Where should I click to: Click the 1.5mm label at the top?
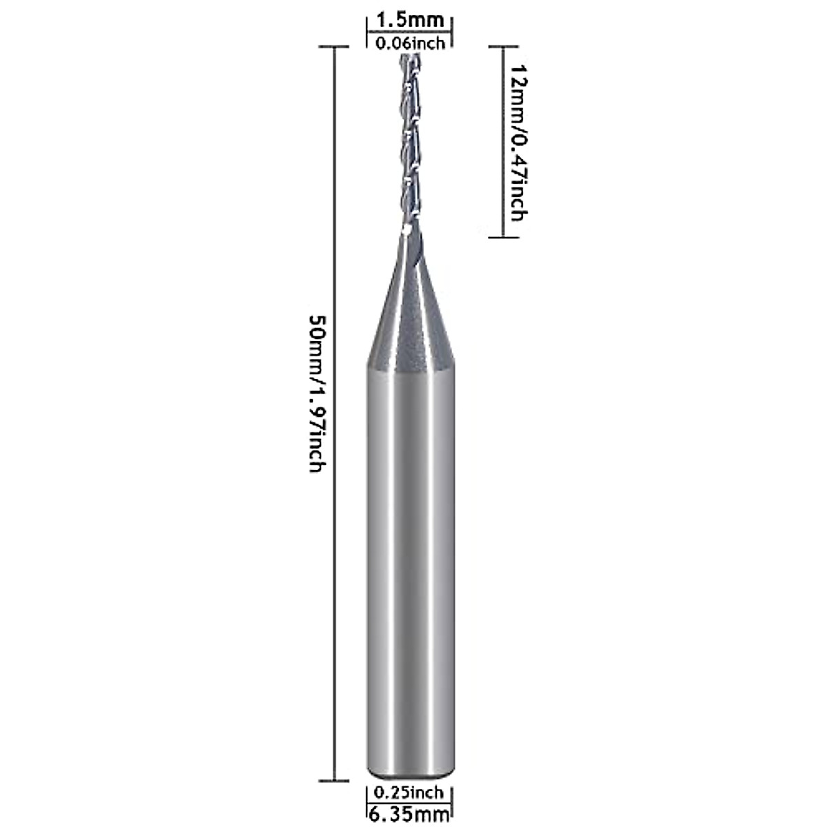pyautogui.click(x=409, y=21)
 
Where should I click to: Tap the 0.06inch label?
pyautogui.click(x=409, y=43)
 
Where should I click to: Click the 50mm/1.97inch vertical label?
pyautogui.click(x=316, y=393)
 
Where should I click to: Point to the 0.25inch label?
pyautogui.click(x=409, y=793)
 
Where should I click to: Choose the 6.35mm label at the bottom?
pyautogui.click(x=409, y=815)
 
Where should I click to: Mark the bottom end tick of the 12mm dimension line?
pyautogui.click(x=503, y=237)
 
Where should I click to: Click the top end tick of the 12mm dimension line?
pyautogui.click(x=503, y=47)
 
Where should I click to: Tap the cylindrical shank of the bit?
pyautogui.click(x=409, y=551)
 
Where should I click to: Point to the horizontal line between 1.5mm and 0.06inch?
pyautogui.click(x=409, y=32)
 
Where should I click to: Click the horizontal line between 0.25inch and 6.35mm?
pyautogui.click(x=409, y=804)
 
